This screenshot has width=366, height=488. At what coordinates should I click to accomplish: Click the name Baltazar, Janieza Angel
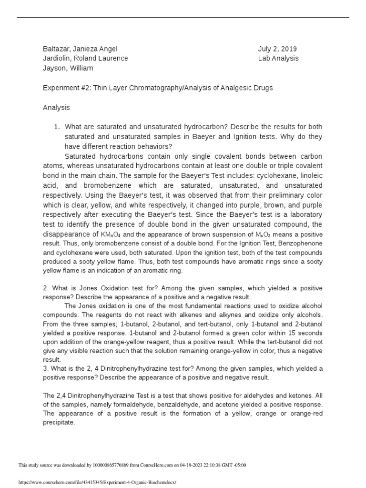coord(80,49)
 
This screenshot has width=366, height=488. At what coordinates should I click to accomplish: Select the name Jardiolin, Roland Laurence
coord(85,59)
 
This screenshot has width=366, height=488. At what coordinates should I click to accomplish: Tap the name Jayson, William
coord(68,68)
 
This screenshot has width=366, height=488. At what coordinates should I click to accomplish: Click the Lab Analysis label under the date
coord(278,59)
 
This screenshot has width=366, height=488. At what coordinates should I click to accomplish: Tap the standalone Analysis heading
coord(56,108)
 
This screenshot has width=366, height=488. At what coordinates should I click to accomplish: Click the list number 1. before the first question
coord(57,127)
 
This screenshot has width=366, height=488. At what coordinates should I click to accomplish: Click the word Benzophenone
coord(299,243)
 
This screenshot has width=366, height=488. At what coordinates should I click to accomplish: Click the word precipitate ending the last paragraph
coord(59,422)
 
